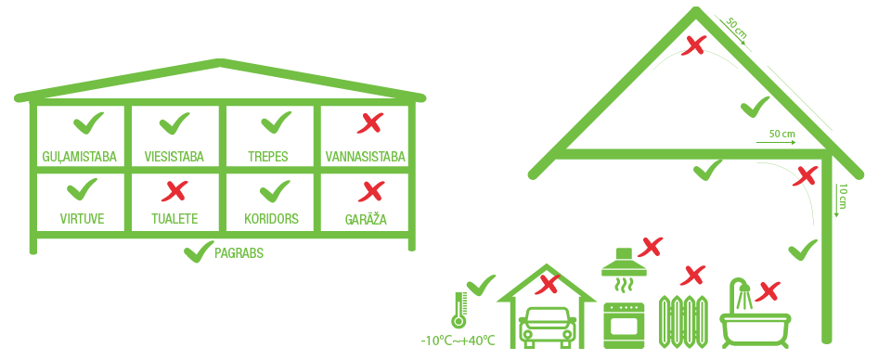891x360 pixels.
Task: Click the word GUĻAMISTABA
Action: (80, 157)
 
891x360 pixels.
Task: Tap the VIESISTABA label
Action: (174, 157)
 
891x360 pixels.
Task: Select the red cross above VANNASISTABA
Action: (370, 122)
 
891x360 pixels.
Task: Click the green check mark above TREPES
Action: (276, 122)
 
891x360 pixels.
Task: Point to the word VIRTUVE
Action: (83, 219)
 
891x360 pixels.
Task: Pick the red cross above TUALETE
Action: (174, 191)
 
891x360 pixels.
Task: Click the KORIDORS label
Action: (270, 219)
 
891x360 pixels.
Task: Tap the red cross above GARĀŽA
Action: (370, 191)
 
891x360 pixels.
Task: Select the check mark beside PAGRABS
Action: (199, 252)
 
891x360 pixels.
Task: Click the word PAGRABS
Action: (239, 253)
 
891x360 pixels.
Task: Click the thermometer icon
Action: (458, 310)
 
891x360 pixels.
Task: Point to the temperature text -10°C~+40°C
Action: (458, 341)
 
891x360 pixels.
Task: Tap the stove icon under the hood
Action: (624, 326)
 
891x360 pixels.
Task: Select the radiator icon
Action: (684, 321)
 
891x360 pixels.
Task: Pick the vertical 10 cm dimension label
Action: (842, 198)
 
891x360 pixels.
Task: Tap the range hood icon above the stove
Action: (625, 263)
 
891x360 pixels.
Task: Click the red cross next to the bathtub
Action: (768, 290)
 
